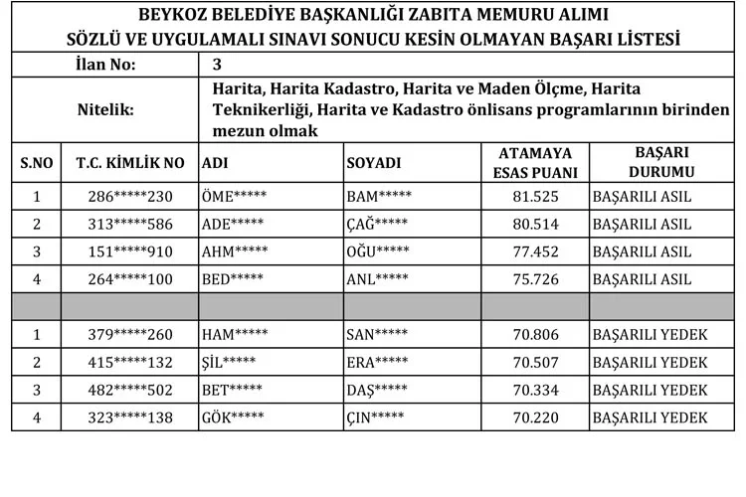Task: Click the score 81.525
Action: pos(535,197)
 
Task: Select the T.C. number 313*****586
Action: pos(130,225)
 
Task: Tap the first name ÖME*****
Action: pos(234,197)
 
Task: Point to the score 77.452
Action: pos(535,252)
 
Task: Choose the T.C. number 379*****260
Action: pos(130,335)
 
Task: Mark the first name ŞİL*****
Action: pos(229,363)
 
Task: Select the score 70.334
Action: pos(535,391)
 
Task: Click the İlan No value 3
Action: pos(217,66)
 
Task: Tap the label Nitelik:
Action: pos(105,110)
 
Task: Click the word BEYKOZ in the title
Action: pos(181,16)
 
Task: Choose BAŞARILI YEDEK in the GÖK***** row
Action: pos(649,418)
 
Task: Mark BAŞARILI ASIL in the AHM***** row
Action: pos(642,252)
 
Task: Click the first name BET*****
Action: pos(232,391)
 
